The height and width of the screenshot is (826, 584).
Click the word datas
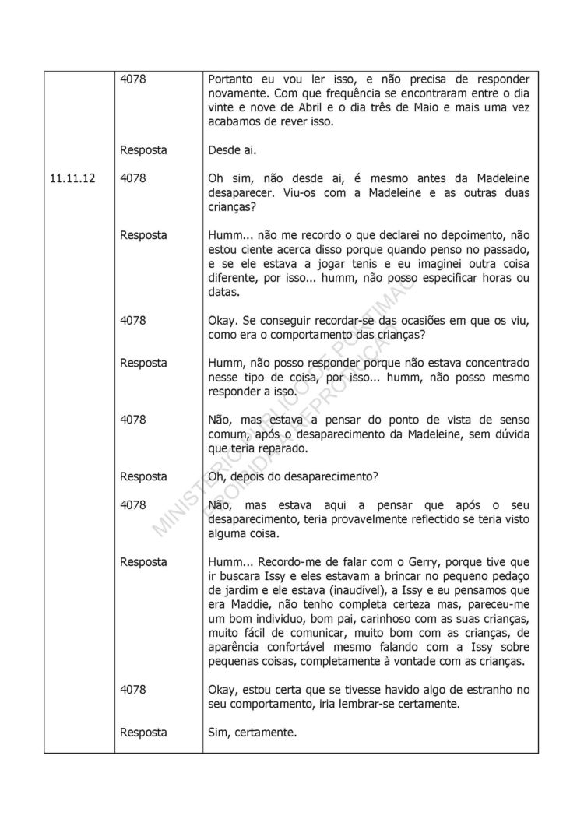tap(225, 292)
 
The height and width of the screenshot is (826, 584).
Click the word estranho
tap(492, 689)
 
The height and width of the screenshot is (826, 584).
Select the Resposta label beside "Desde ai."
tap(143, 150)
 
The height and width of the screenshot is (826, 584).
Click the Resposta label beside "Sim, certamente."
tap(143, 732)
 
